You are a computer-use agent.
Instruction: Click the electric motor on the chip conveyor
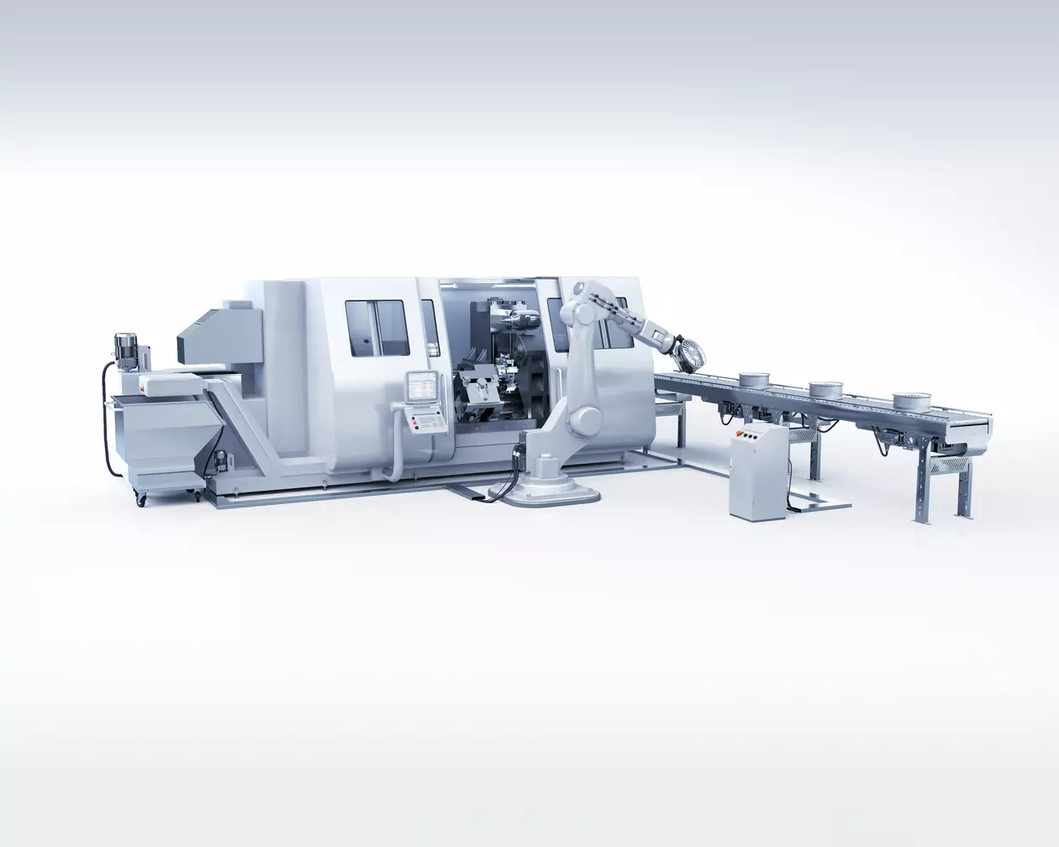129,348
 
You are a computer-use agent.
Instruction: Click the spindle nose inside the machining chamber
517,318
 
